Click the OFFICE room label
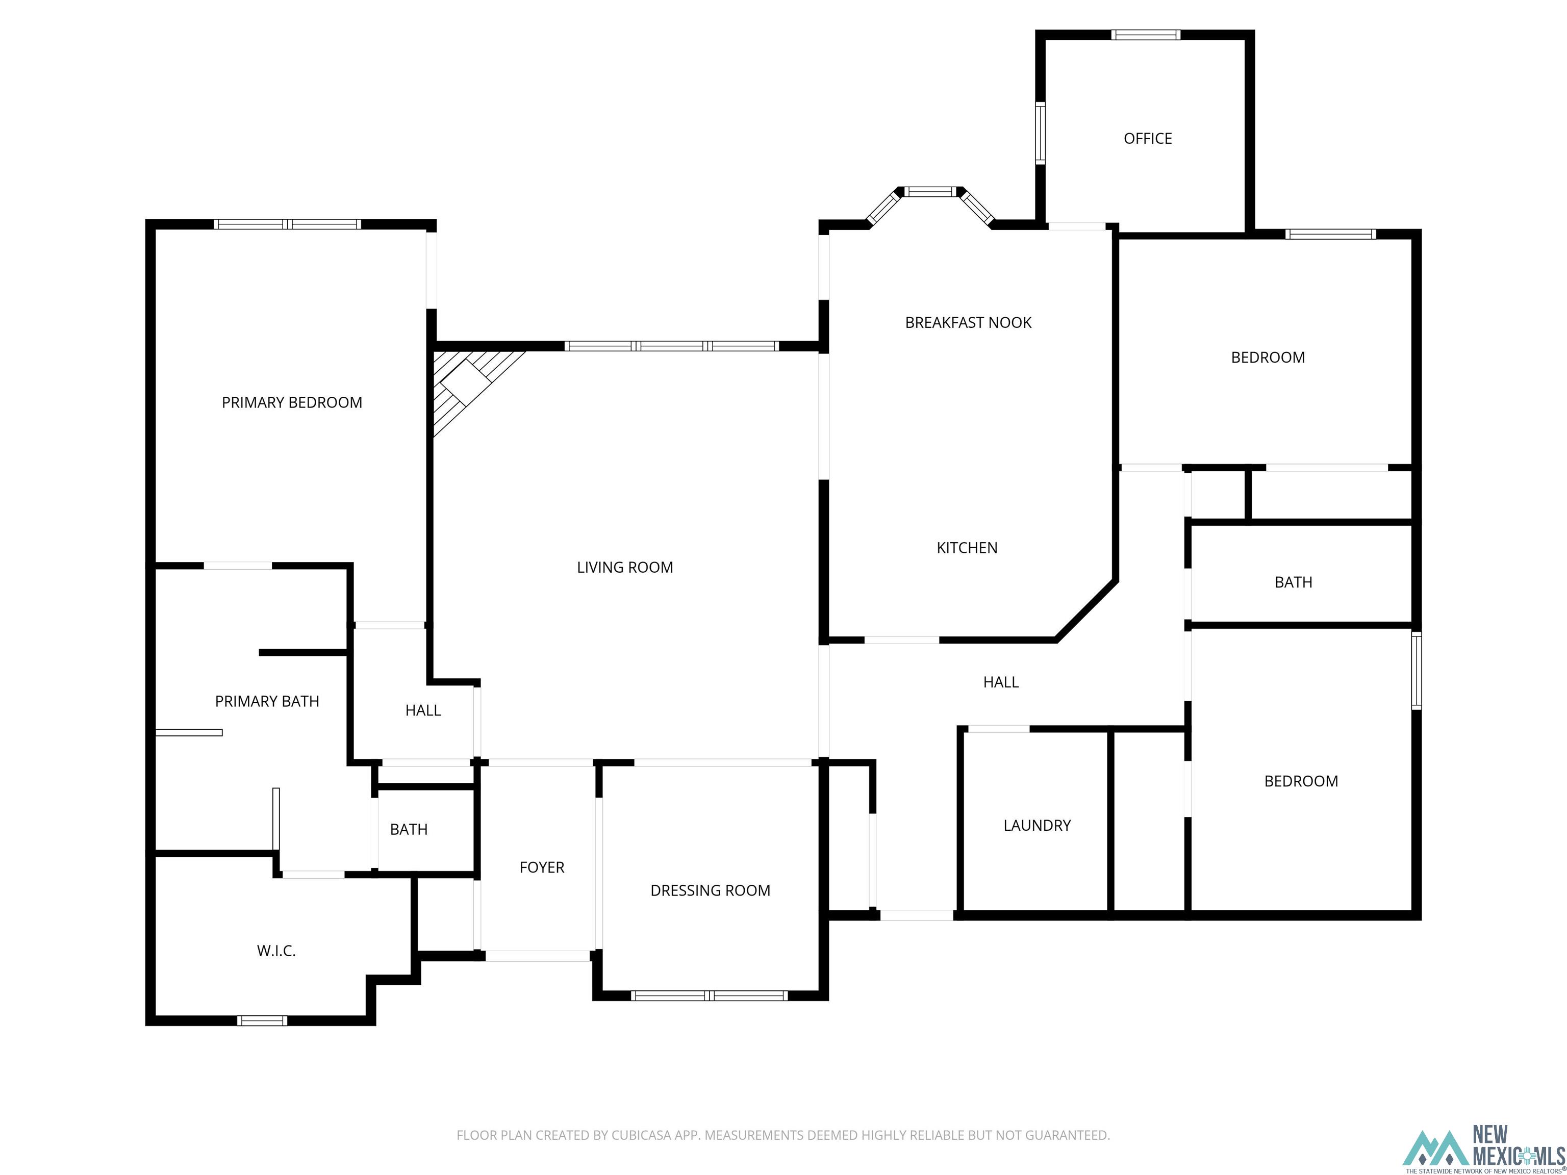(x=1148, y=139)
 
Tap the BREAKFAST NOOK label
(x=968, y=323)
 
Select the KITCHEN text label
(x=967, y=548)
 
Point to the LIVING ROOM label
(x=625, y=567)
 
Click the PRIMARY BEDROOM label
(x=292, y=402)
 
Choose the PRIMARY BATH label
(x=267, y=701)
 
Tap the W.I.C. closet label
(x=276, y=951)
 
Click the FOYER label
(x=542, y=867)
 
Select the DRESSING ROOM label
(x=711, y=890)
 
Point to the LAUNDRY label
(x=1037, y=825)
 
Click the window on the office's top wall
(x=1146, y=35)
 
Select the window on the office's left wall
(x=1041, y=133)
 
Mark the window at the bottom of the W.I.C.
(x=262, y=1020)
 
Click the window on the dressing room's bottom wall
(x=709, y=996)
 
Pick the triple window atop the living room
(x=672, y=346)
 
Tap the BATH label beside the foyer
(x=409, y=829)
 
